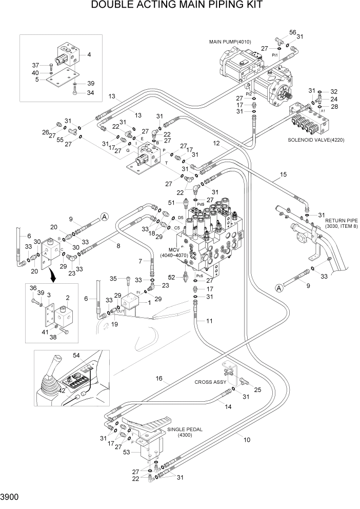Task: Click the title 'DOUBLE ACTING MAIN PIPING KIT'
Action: [x=177, y=6]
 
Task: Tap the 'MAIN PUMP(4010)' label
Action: [x=229, y=41]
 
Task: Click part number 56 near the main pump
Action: [x=293, y=32]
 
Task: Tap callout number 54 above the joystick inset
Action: [x=91, y=356]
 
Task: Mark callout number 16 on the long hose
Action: [x=159, y=379]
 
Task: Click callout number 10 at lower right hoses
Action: [x=247, y=440]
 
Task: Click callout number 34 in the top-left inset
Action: [x=90, y=93]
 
